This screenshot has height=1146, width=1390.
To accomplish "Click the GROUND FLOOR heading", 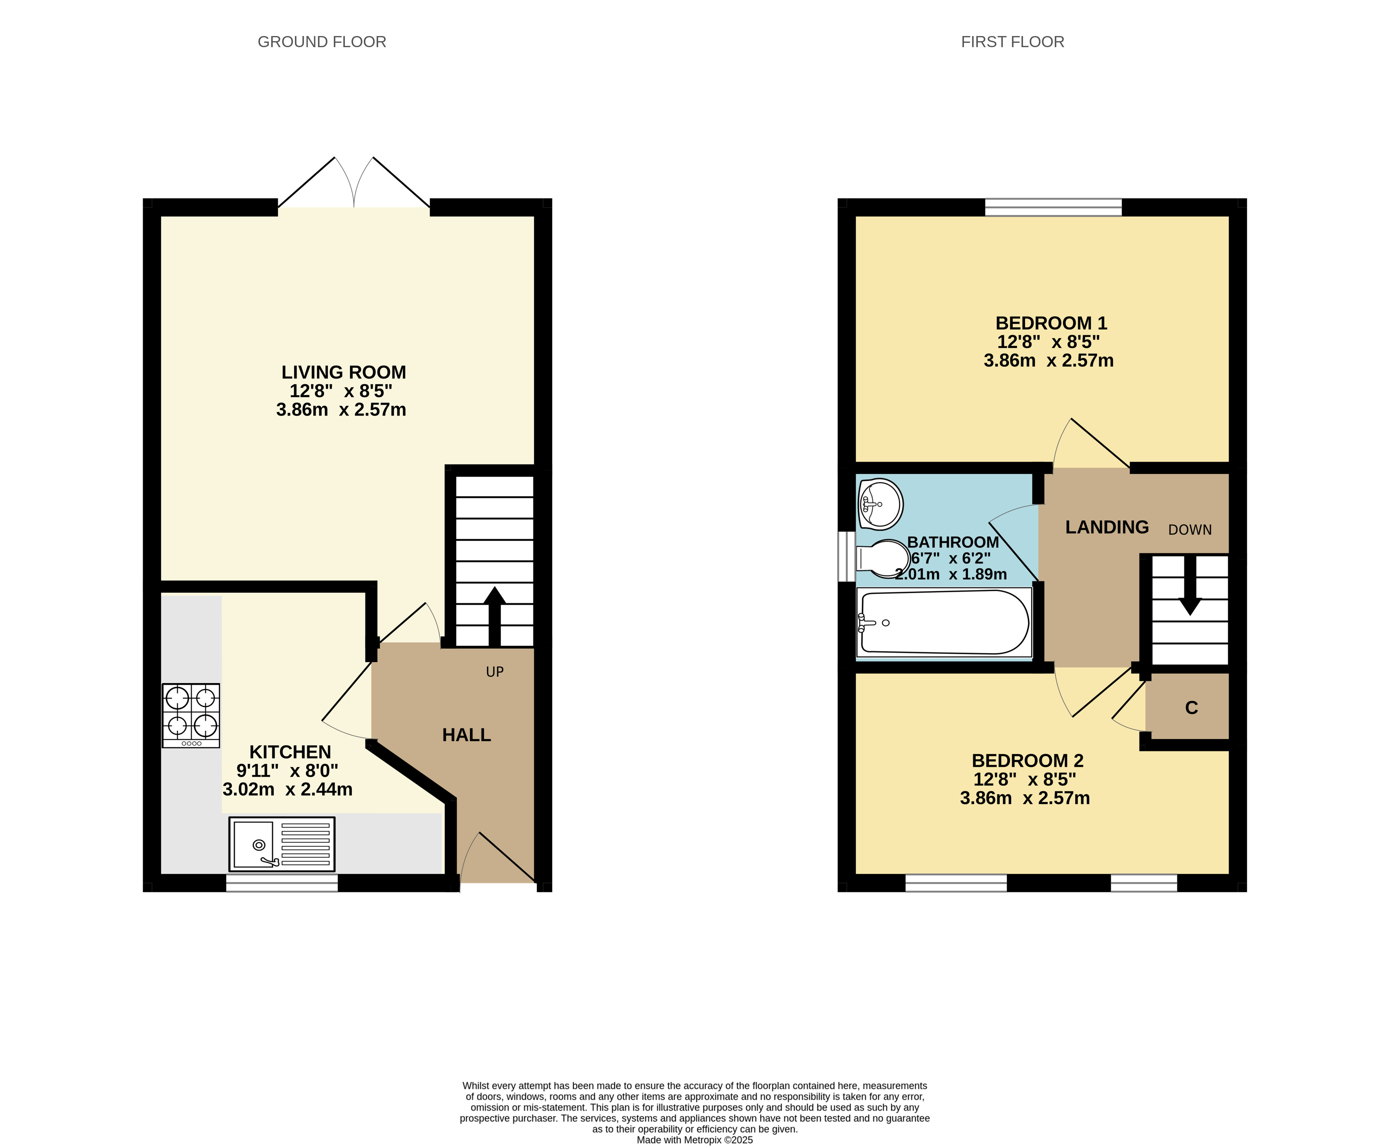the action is click(321, 42).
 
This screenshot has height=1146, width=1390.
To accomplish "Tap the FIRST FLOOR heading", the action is click(1012, 42).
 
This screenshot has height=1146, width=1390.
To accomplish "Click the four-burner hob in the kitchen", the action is click(191, 716).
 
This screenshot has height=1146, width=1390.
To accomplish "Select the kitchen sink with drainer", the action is click(282, 844).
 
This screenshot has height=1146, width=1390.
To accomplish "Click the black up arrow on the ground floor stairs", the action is click(495, 616).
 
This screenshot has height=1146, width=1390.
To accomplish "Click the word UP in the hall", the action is click(495, 672).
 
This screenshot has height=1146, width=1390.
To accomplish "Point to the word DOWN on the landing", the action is click(1190, 529).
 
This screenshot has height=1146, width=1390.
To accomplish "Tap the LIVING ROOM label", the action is click(343, 372).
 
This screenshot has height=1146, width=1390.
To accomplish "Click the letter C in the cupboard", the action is click(1191, 708).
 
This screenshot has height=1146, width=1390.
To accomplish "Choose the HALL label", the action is click(466, 735).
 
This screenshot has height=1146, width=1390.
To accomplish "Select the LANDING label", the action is click(1107, 527).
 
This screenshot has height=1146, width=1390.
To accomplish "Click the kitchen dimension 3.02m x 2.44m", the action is click(287, 789).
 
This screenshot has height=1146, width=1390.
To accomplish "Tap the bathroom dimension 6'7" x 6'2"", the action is click(951, 558).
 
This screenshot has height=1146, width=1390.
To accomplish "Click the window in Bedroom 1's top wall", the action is click(1053, 207).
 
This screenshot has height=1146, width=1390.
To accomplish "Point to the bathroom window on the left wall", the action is click(847, 556).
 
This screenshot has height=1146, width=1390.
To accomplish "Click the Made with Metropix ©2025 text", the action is click(695, 1139).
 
